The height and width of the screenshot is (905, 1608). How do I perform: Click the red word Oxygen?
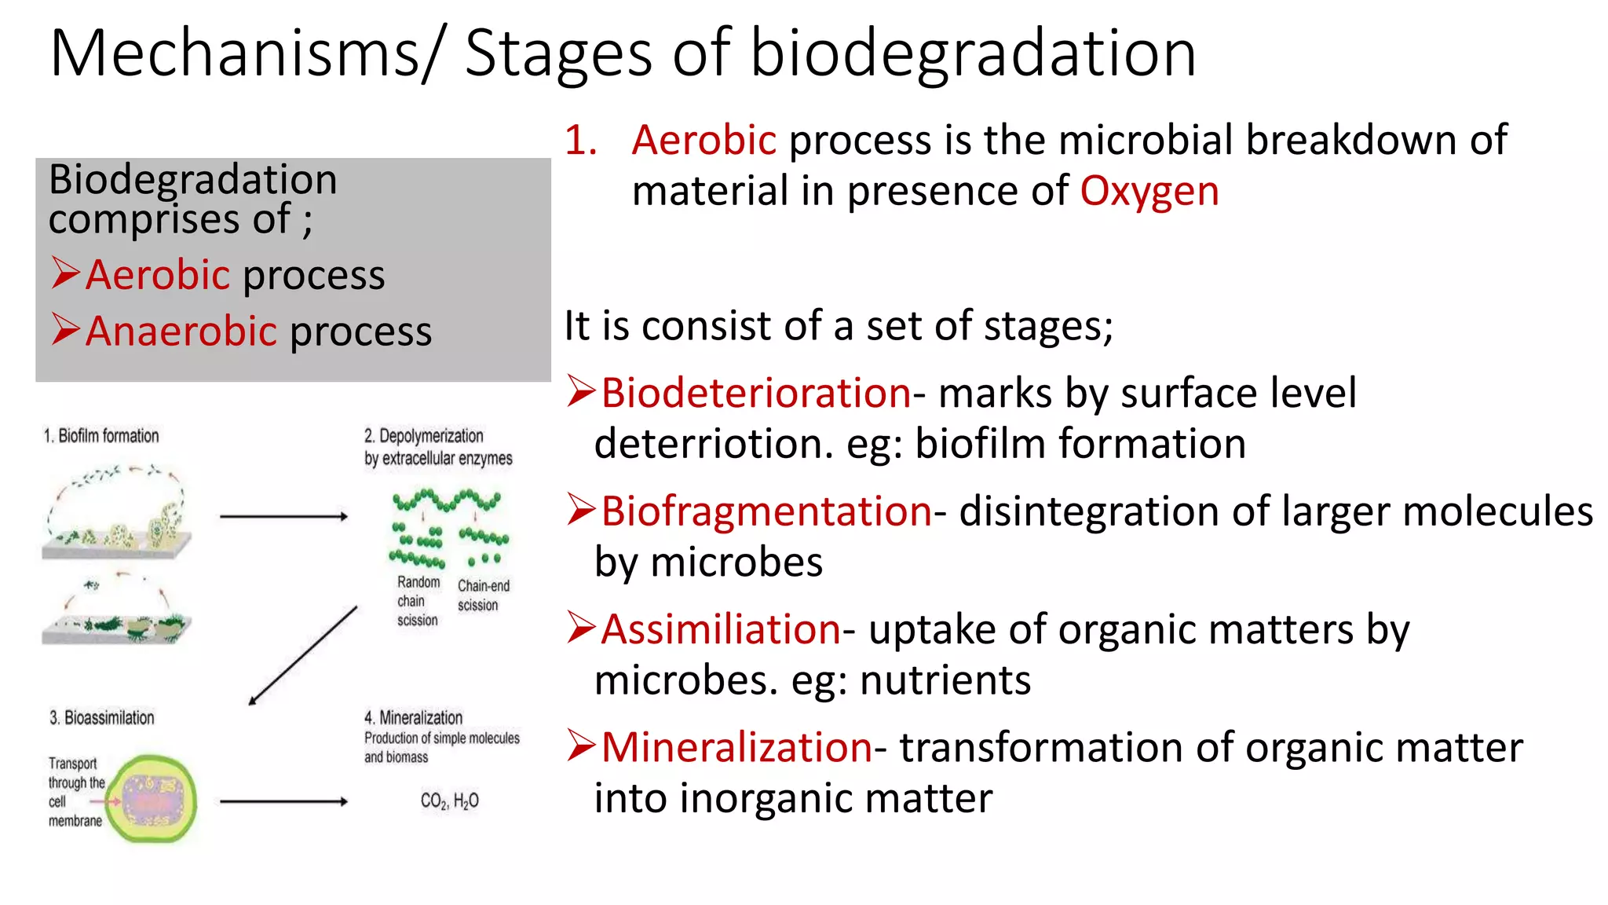(1149, 192)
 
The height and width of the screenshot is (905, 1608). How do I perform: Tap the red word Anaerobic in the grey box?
(181, 331)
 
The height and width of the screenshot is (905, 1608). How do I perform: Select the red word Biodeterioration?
(755, 393)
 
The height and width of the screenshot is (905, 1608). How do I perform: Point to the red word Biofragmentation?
(766, 511)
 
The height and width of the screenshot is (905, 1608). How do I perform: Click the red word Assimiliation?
(721, 629)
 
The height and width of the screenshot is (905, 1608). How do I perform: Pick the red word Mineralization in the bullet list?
(736, 747)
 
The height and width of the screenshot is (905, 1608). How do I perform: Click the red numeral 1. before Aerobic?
(581, 141)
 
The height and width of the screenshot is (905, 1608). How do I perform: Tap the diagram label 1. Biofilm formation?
(101, 436)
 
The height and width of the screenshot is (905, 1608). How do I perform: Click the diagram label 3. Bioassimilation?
(102, 717)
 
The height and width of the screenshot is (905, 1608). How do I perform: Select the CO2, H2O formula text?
(449, 801)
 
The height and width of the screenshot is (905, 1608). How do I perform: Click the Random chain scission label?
(418, 601)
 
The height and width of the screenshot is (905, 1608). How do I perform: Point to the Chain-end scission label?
(483, 595)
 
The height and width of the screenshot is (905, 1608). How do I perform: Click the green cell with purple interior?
(152, 800)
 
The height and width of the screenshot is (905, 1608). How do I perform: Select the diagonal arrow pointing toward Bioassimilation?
(303, 655)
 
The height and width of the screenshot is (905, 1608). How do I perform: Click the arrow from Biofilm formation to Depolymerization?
(283, 516)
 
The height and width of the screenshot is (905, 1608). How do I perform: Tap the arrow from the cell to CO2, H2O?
(283, 801)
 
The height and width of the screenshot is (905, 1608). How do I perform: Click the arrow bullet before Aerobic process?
(66, 273)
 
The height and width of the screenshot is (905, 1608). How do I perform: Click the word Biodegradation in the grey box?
(192, 179)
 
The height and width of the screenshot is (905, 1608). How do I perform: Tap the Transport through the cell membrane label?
(75, 792)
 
